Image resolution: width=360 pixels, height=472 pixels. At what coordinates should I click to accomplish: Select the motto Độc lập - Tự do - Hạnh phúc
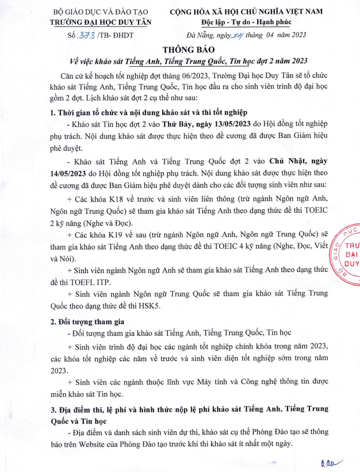click(246, 23)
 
